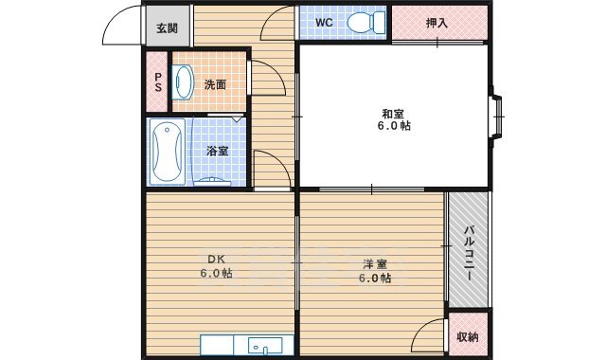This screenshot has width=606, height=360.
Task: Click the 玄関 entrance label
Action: [167, 28]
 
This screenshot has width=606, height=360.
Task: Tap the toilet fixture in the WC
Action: [366, 22]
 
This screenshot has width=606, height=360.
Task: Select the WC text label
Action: [324, 23]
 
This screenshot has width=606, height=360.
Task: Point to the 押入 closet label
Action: [437, 23]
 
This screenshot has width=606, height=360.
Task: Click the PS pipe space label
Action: [158, 82]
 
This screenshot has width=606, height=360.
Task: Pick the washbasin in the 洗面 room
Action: [184, 82]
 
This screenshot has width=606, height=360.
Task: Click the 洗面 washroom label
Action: [215, 84]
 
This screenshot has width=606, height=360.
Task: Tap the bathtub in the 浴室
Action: [168, 151]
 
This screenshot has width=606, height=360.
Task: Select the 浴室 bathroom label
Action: [217, 151]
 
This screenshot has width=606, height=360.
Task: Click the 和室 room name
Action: [393, 114]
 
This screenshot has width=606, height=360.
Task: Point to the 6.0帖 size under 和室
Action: [394, 126]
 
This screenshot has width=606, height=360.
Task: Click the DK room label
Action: [217, 259]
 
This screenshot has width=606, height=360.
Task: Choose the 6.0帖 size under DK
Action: [217, 274]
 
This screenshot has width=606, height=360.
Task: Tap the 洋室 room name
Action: [375, 264]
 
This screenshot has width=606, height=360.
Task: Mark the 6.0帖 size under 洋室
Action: [375, 278]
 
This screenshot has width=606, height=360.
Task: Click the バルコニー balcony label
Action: [469, 254]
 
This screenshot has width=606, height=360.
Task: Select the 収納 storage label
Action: [468, 337]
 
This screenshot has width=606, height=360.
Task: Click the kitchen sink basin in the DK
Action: [265, 345]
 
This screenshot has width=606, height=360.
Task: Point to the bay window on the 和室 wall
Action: [496, 116]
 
